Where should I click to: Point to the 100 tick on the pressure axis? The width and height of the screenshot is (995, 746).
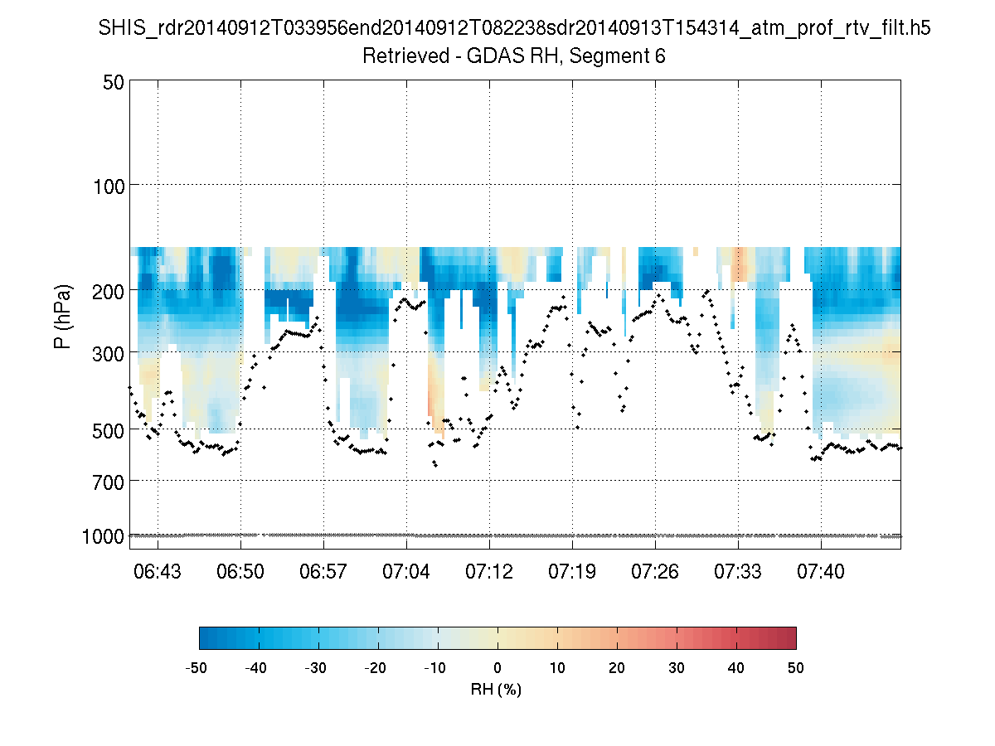(x=108, y=184)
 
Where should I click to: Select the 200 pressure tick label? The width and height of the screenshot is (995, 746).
(x=108, y=290)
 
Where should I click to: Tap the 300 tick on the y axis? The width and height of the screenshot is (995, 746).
(x=108, y=352)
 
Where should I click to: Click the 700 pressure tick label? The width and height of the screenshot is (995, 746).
(x=108, y=480)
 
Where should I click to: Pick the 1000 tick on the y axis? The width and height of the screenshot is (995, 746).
(x=103, y=536)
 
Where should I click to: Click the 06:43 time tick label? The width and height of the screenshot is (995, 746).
(x=158, y=571)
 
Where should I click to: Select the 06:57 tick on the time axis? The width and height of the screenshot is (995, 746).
(x=323, y=571)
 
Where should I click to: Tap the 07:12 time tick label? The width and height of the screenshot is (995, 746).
(x=489, y=571)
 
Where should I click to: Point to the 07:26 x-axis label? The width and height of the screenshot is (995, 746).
(x=655, y=571)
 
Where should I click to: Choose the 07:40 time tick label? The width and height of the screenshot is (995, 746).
(x=821, y=571)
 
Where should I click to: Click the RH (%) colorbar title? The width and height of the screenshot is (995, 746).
(x=496, y=689)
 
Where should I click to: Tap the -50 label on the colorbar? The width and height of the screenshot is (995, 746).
(x=197, y=667)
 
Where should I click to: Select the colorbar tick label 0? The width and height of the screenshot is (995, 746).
(x=498, y=667)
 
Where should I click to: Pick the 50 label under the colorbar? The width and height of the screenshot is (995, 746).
(x=796, y=667)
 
